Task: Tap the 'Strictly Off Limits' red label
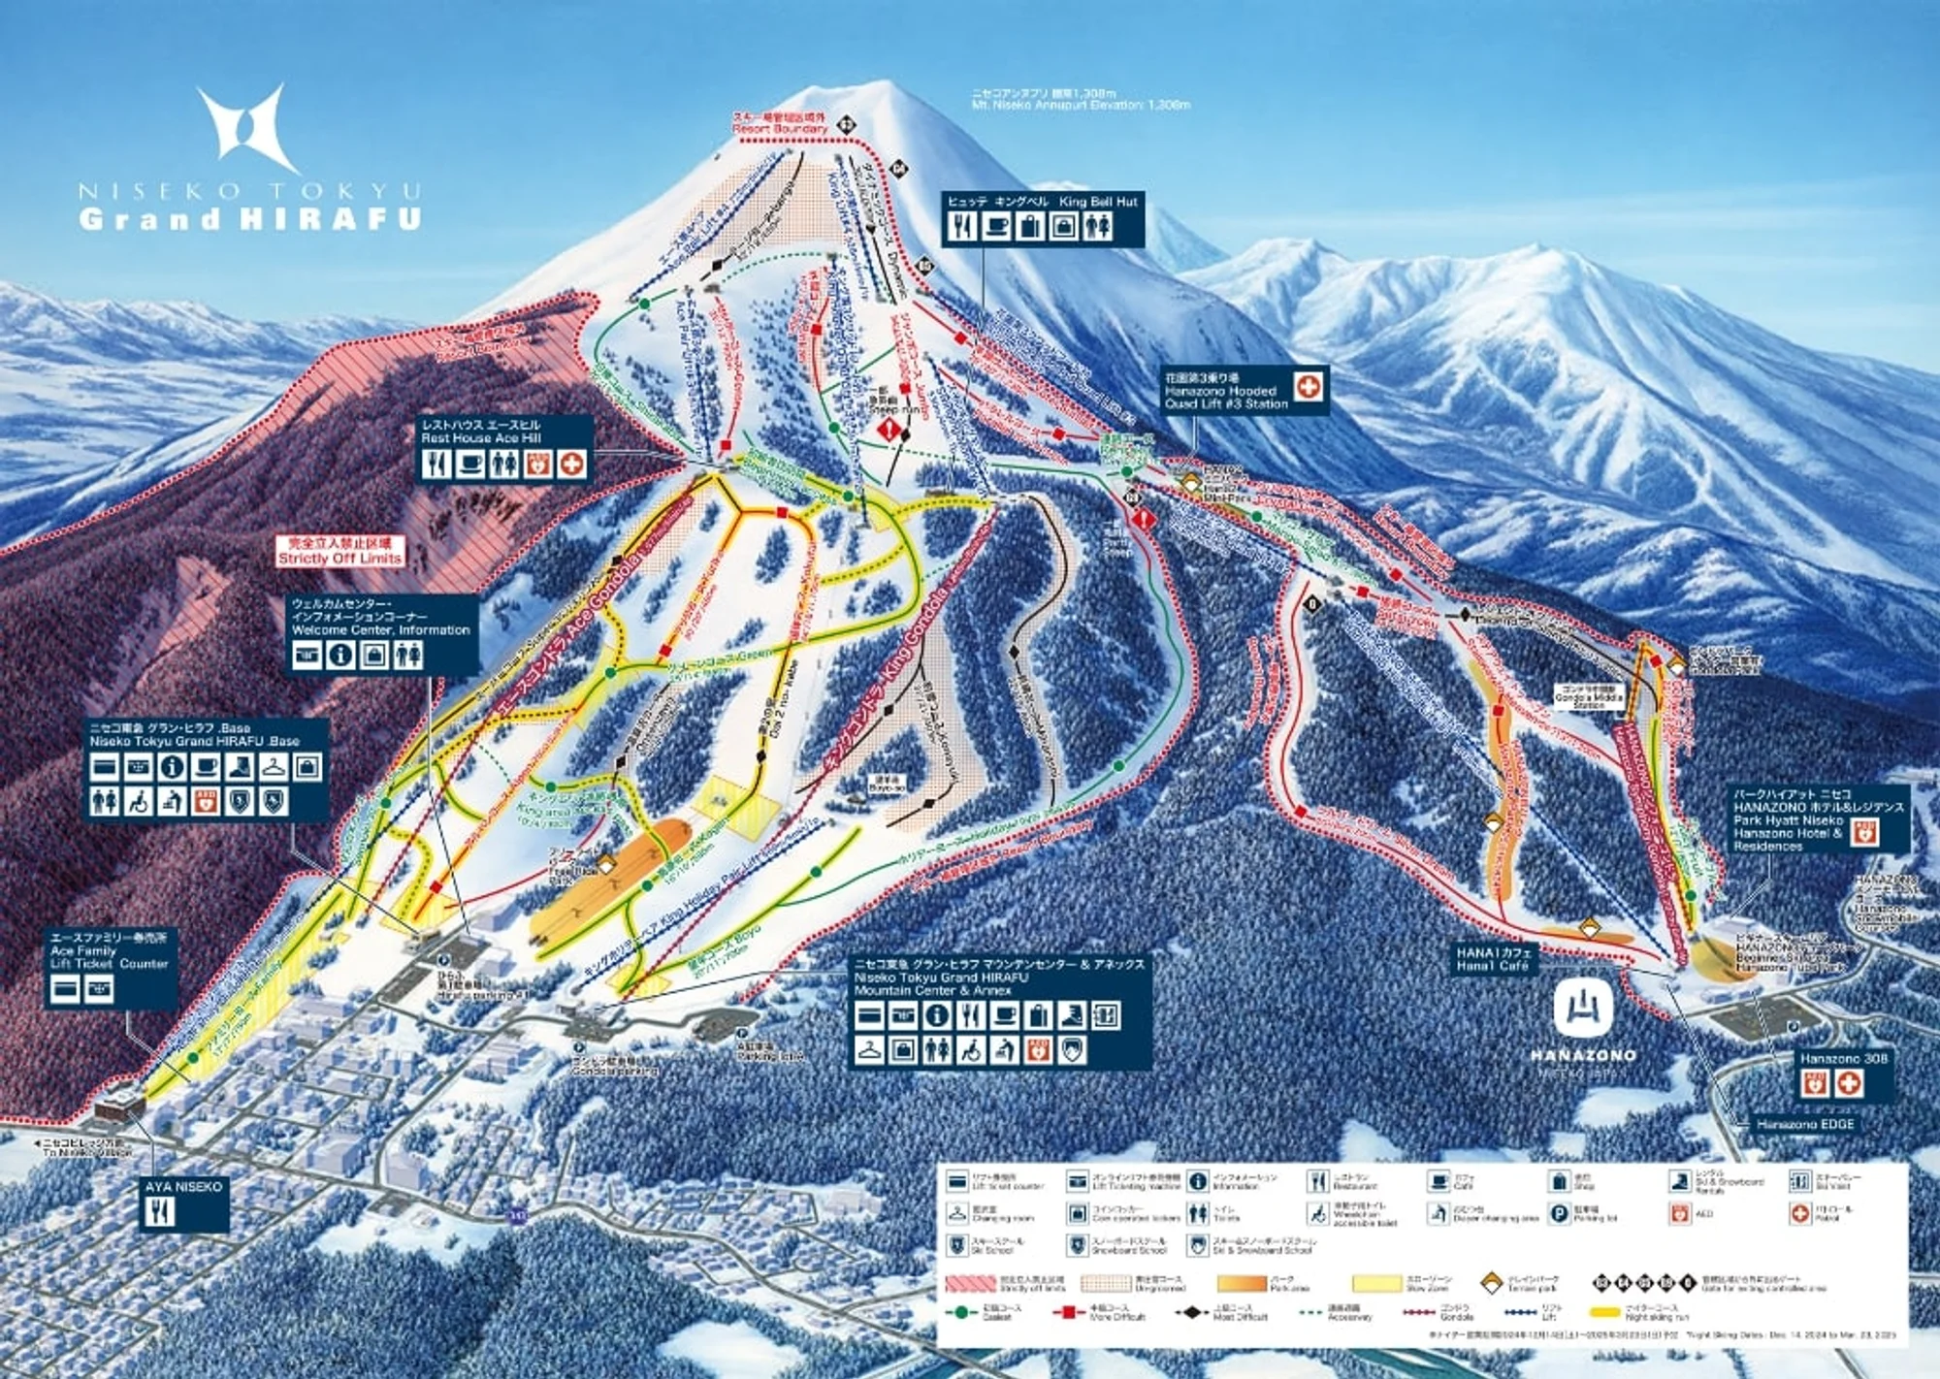339,551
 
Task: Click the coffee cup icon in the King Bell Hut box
996,227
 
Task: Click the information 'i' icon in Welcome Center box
340,657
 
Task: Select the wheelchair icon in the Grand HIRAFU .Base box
139,801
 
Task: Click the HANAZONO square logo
1583,1009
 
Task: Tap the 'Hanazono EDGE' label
1805,1124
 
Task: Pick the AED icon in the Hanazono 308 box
1816,1083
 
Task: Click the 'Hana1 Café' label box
1493,959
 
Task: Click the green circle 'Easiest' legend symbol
961,1312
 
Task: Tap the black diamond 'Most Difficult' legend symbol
1192,1312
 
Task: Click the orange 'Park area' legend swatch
1241,1283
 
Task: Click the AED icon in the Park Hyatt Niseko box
1863,831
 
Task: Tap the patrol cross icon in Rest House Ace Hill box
572,465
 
